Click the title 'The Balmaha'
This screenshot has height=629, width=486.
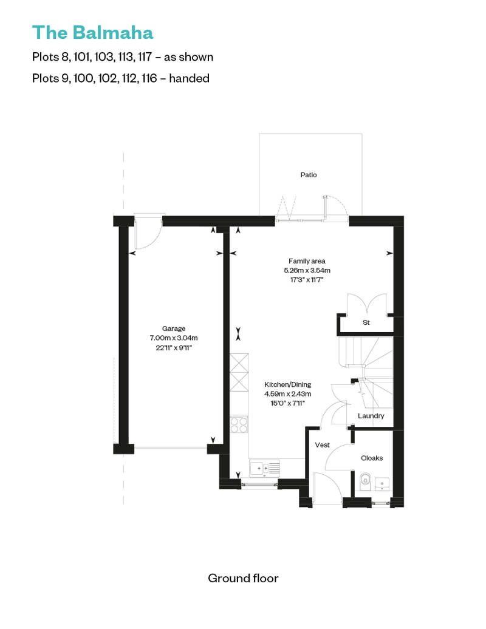click(x=92, y=32)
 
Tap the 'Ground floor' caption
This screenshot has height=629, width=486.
click(x=243, y=577)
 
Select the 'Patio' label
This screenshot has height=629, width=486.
click(x=309, y=175)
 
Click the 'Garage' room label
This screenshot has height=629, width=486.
click(x=174, y=328)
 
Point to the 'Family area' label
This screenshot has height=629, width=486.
click(x=307, y=261)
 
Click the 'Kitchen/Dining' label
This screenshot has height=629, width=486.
click(x=287, y=384)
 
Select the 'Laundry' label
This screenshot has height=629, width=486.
click(x=371, y=416)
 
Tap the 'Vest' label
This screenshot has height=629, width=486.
click(x=322, y=445)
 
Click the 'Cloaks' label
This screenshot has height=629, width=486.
click(x=372, y=458)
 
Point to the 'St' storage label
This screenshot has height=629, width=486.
click(x=366, y=322)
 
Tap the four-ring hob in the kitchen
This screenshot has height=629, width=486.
click(x=239, y=424)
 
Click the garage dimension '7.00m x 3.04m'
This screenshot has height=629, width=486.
click(x=174, y=338)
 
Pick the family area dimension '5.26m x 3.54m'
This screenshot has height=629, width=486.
click(x=307, y=270)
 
